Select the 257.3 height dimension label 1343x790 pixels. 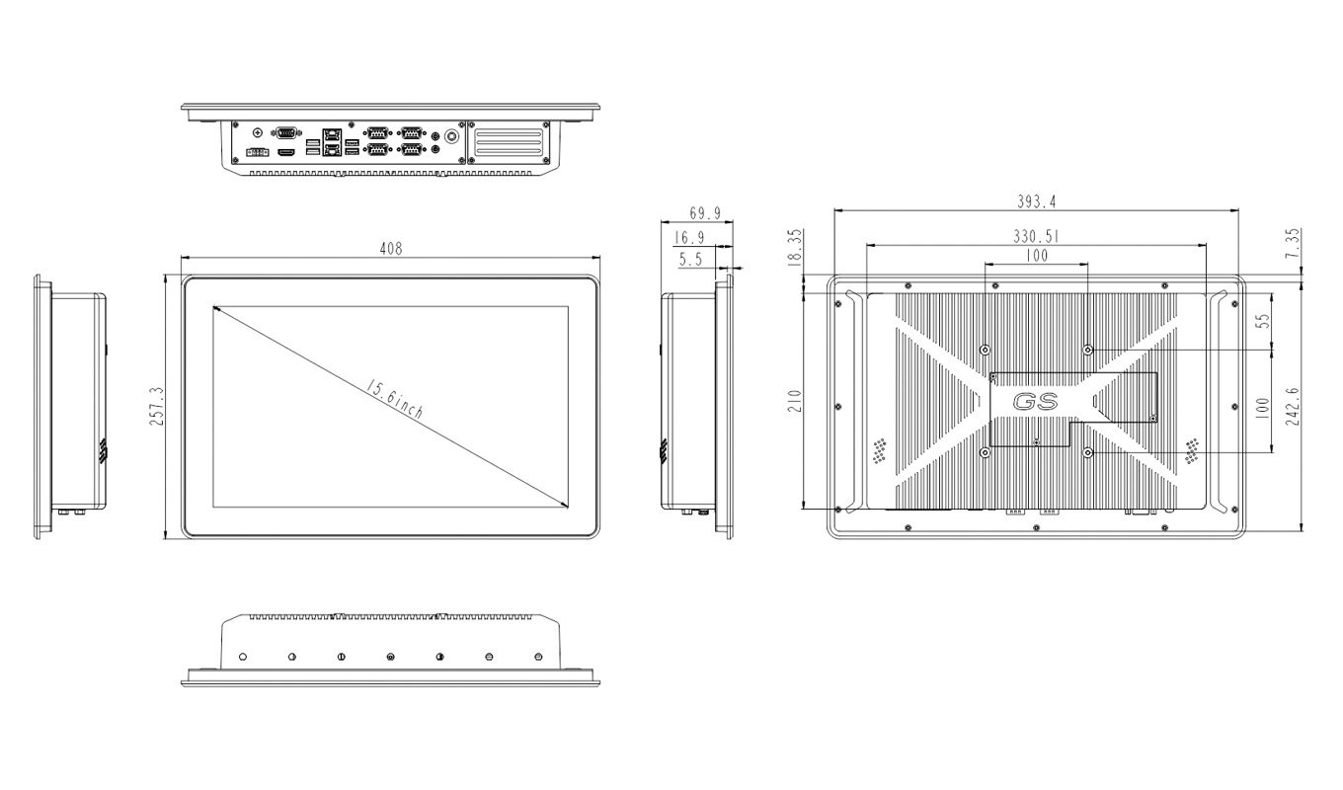point(156,407)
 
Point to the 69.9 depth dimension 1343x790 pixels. point(705,212)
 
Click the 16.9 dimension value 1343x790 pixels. point(688,237)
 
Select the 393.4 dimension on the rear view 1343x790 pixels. point(1037,201)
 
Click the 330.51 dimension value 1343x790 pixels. point(1037,236)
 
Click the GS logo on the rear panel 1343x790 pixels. point(1035,402)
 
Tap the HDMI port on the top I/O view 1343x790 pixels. point(286,154)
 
